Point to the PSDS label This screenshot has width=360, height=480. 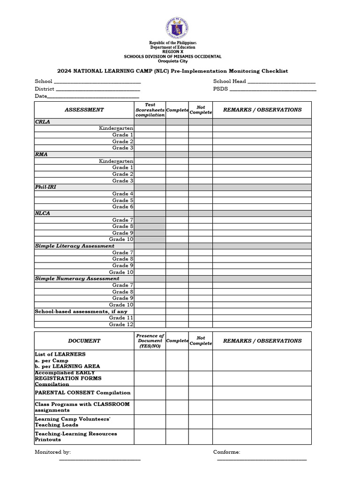coord(220,89)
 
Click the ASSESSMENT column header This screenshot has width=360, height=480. coord(84,110)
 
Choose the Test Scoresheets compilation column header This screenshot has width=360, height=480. coord(150,110)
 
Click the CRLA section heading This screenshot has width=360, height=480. coord(43,122)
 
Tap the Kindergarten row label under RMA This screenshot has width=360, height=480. coord(116,161)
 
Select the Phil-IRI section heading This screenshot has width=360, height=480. coord(45,187)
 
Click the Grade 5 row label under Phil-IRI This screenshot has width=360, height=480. coord(123,200)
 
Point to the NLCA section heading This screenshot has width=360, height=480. coord(43,213)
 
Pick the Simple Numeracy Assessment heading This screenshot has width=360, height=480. coord(77,278)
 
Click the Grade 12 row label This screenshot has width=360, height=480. coord(121,324)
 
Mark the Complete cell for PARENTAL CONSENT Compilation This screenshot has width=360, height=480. coord(177,393)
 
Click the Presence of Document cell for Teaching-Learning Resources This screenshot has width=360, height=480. coord(150,437)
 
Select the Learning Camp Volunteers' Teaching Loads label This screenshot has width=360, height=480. coord(73,422)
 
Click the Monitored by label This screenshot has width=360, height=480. coord(53,452)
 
